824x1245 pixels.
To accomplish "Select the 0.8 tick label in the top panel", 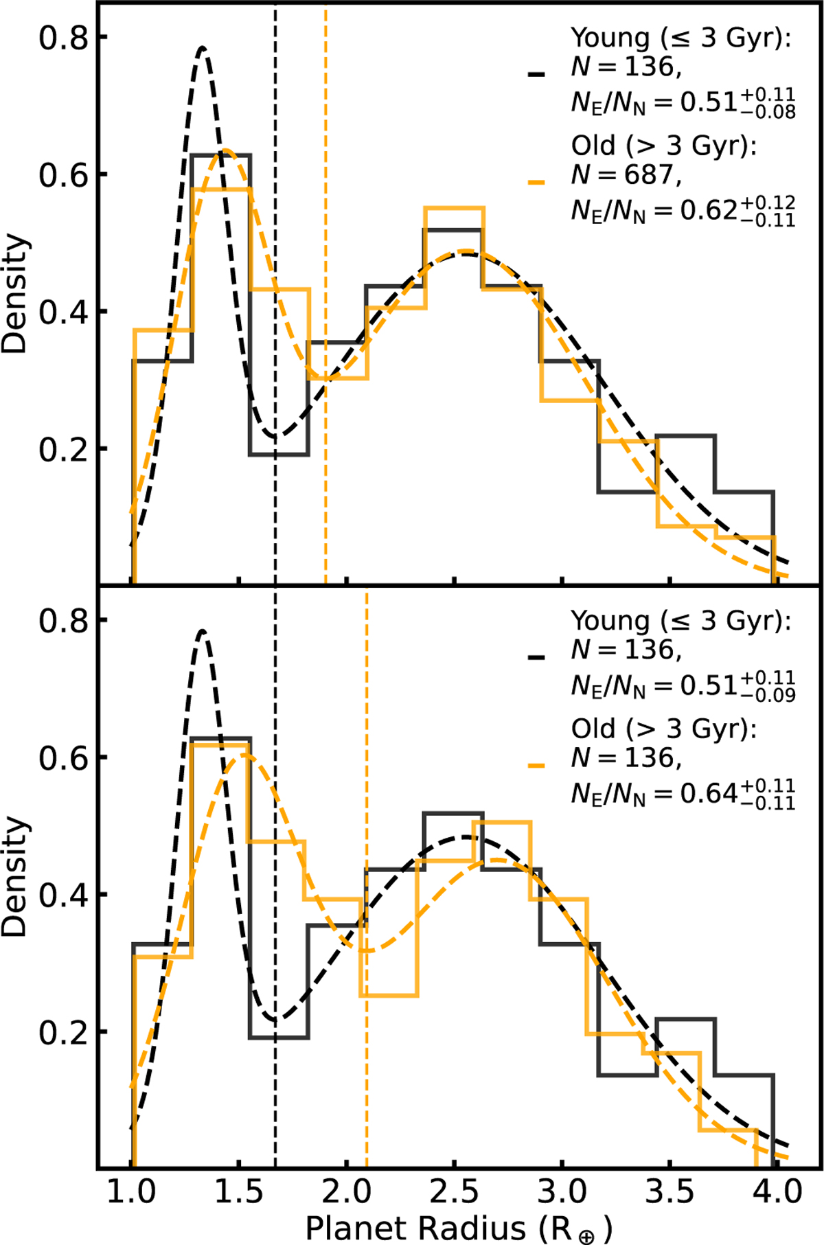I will (64, 38).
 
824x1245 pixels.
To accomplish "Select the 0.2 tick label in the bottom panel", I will (64, 1032).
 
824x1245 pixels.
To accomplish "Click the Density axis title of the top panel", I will (15, 294).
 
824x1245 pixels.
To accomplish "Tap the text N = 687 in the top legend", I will (626, 175).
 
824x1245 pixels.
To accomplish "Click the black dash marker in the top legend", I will (536, 74).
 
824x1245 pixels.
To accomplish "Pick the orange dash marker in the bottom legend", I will (536, 765).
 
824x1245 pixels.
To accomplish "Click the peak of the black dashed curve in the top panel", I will (203, 48).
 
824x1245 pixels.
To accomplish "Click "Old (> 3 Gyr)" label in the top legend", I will (663, 146).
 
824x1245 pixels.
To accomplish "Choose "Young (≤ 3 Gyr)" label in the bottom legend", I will (680, 620).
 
